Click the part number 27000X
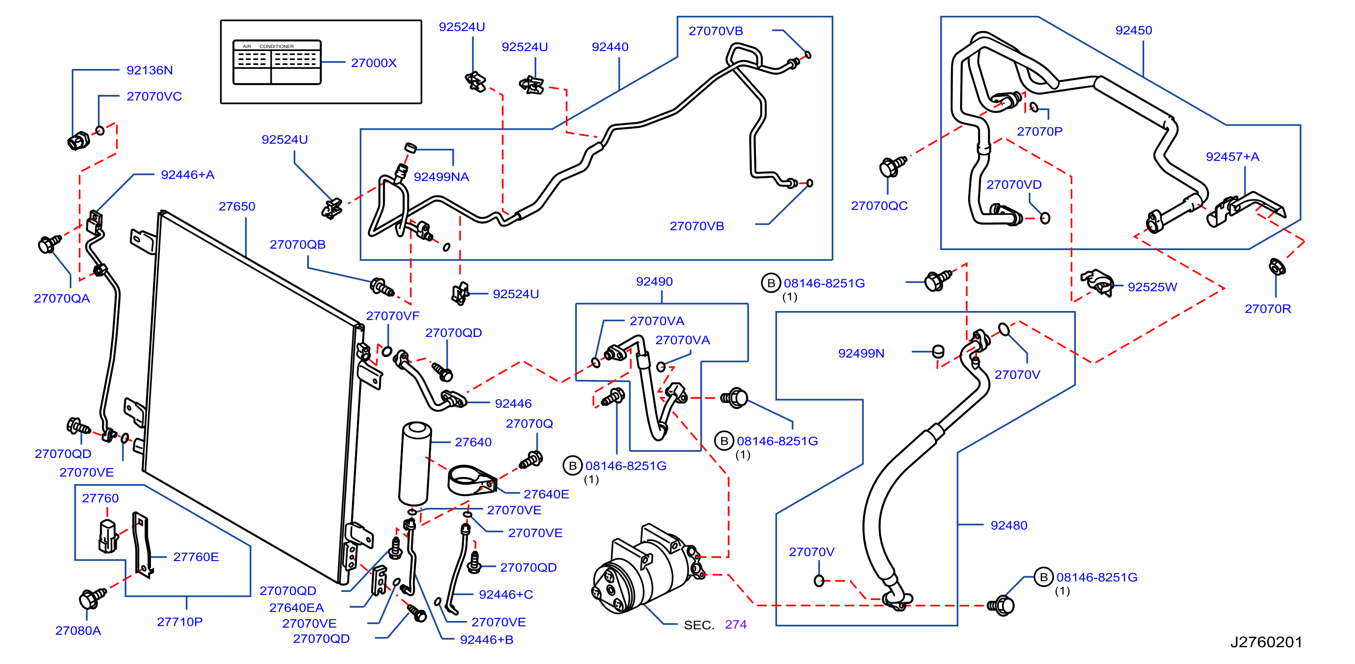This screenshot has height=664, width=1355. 373,63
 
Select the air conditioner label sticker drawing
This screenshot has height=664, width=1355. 277,62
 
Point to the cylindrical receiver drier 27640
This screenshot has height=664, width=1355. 415,463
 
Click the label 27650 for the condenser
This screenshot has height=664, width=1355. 237,206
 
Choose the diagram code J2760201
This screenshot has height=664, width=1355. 1265,642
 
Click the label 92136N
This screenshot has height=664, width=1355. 150,70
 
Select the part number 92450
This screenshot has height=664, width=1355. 1133,30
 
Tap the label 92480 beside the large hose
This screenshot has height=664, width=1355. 1008,525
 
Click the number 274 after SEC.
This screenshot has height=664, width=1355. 735,625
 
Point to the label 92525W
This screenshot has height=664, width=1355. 1152,287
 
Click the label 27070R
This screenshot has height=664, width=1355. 1268,309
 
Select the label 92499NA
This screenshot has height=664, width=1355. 442,177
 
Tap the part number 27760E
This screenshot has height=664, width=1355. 196,557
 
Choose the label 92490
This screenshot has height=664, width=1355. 654,281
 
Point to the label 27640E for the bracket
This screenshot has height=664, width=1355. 546,494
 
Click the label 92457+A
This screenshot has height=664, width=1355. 1232,157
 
